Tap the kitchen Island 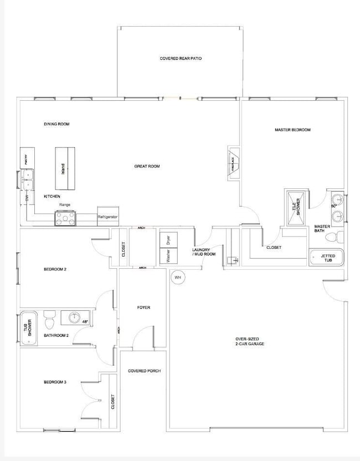pos(65,168)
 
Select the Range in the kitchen pos(65,218)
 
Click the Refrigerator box pos(107,217)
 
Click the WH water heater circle pos(178,276)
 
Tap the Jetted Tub pos(326,258)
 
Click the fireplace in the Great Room pos(233,163)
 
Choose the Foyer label pos(143,308)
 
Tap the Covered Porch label pos(144,371)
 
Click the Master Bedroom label pos(292,130)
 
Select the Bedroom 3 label pos(55,382)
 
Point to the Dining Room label pos(57,124)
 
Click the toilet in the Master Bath pos(333,238)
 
